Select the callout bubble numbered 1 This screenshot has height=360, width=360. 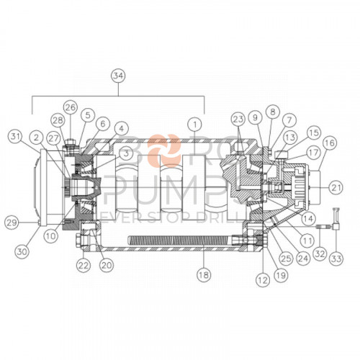pyautogui.click(x=194, y=123)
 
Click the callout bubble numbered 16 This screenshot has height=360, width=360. pyautogui.click(x=329, y=143)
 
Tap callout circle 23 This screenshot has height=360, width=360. pyautogui.click(x=238, y=119)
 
